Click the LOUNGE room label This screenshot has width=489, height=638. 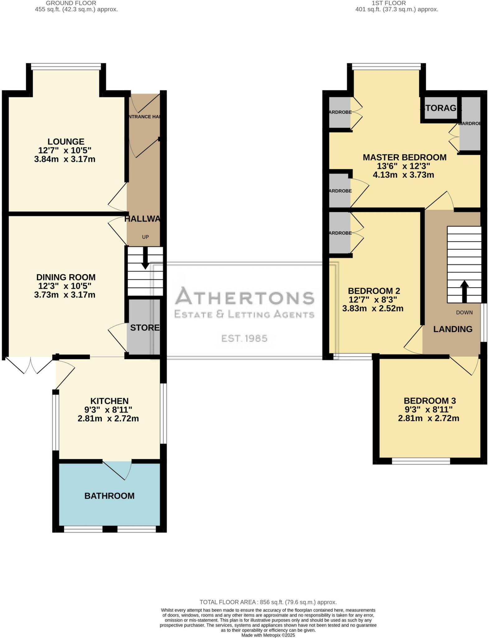click(x=66, y=142)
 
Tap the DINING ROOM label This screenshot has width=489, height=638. click(x=66, y=277)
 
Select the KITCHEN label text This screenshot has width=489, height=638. click(x=109, y=401)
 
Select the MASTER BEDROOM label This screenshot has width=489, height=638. click(x=404, y=157)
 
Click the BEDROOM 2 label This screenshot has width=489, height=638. click(x=374, y=291)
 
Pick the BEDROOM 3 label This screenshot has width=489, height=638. click(x=430, y=401)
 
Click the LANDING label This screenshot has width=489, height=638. click(x=453, y=329)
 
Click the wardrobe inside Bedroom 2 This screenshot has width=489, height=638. click(x=340, y=233)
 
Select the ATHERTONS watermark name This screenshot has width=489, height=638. click(x=244, y=296)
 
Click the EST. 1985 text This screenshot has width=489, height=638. click(x=244, y=338)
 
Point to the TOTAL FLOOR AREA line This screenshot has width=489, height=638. click(x=268, y=602)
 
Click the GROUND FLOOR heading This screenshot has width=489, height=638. click(x=71, y=3)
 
